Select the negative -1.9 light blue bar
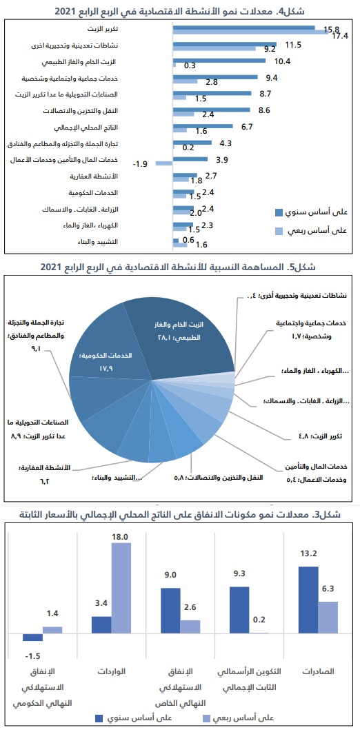[x=163, y=163]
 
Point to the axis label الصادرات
[x=317, y=671]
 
